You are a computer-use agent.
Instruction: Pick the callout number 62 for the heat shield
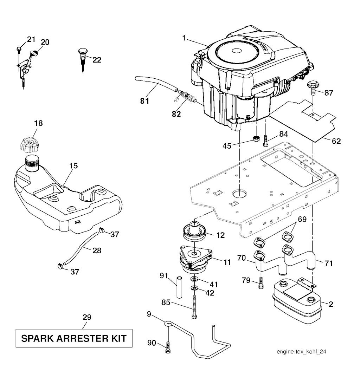(336, 141)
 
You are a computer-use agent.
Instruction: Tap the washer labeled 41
(194, 279)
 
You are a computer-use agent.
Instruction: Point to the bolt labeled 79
(260, 282)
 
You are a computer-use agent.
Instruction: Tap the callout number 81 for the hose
(144, 101)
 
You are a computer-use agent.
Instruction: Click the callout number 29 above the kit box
(87, 317)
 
